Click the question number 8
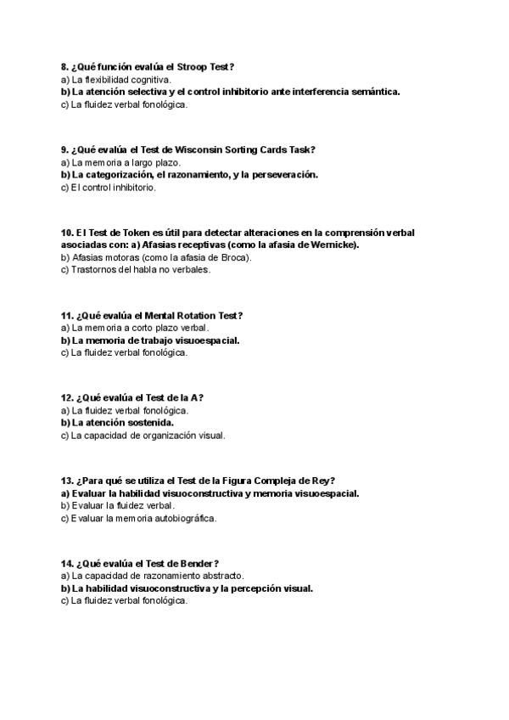pos(64,66)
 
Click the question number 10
pos(67,232)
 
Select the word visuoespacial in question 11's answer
pos(208,340)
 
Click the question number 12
pos(67,397)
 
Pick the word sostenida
pos(151,423)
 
